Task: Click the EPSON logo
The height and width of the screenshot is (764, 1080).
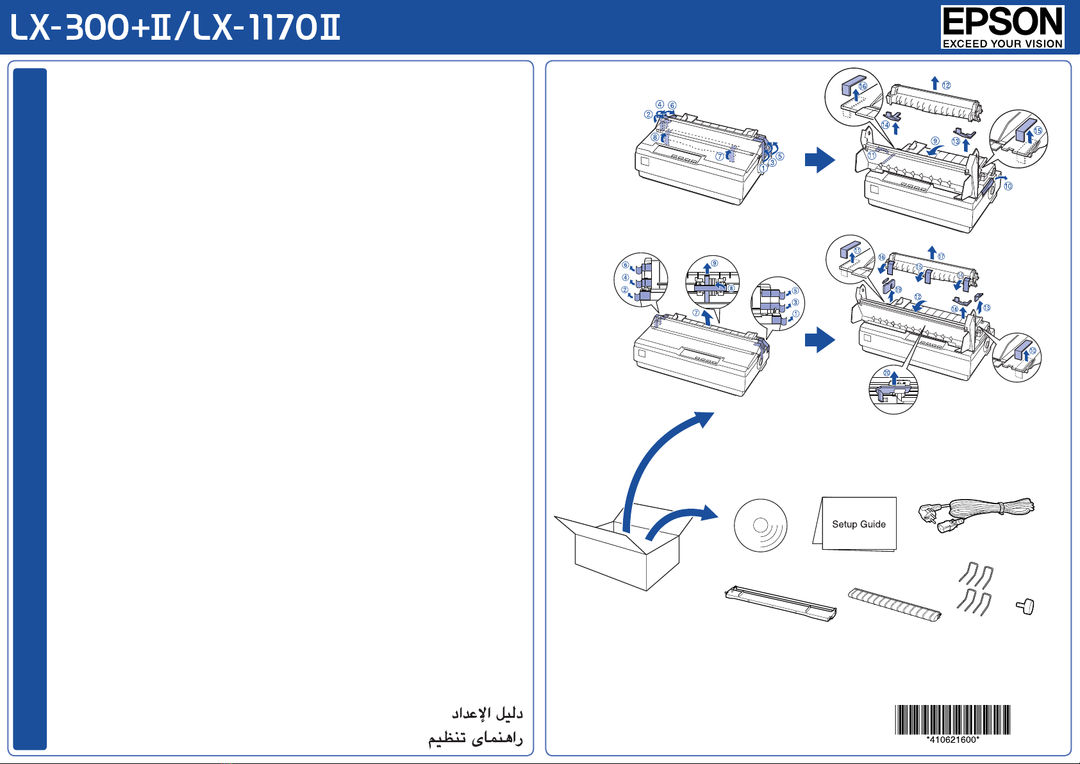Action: [1002, 27]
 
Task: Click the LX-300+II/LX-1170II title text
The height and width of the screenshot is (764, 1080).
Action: [174, 27]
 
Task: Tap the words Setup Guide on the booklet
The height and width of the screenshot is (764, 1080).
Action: [859, 524]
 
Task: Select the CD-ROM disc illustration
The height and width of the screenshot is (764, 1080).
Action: [760, 525]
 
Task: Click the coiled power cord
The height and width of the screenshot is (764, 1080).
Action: [976, 514]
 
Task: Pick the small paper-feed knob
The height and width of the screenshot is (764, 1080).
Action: [1026, 607]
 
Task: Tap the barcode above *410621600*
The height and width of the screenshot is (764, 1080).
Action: [952, 719]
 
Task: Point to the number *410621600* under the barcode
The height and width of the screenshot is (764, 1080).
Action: [952, 740]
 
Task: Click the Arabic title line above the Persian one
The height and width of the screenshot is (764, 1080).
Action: [487, 713]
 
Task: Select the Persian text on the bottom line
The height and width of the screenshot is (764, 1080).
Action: [476, 738]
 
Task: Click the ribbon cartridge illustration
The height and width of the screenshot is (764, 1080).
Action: [781, 603]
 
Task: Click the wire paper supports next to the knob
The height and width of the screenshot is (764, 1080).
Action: [975, 589]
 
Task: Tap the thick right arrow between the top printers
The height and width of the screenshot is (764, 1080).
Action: [820, 160]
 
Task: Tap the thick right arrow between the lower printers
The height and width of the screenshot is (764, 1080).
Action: [820, 340]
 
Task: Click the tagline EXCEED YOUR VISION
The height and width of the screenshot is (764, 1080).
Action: [1002, 44]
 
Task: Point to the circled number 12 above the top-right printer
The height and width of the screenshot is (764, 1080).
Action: [947, 85]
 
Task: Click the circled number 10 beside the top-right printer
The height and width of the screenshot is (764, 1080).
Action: [1008, 186]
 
